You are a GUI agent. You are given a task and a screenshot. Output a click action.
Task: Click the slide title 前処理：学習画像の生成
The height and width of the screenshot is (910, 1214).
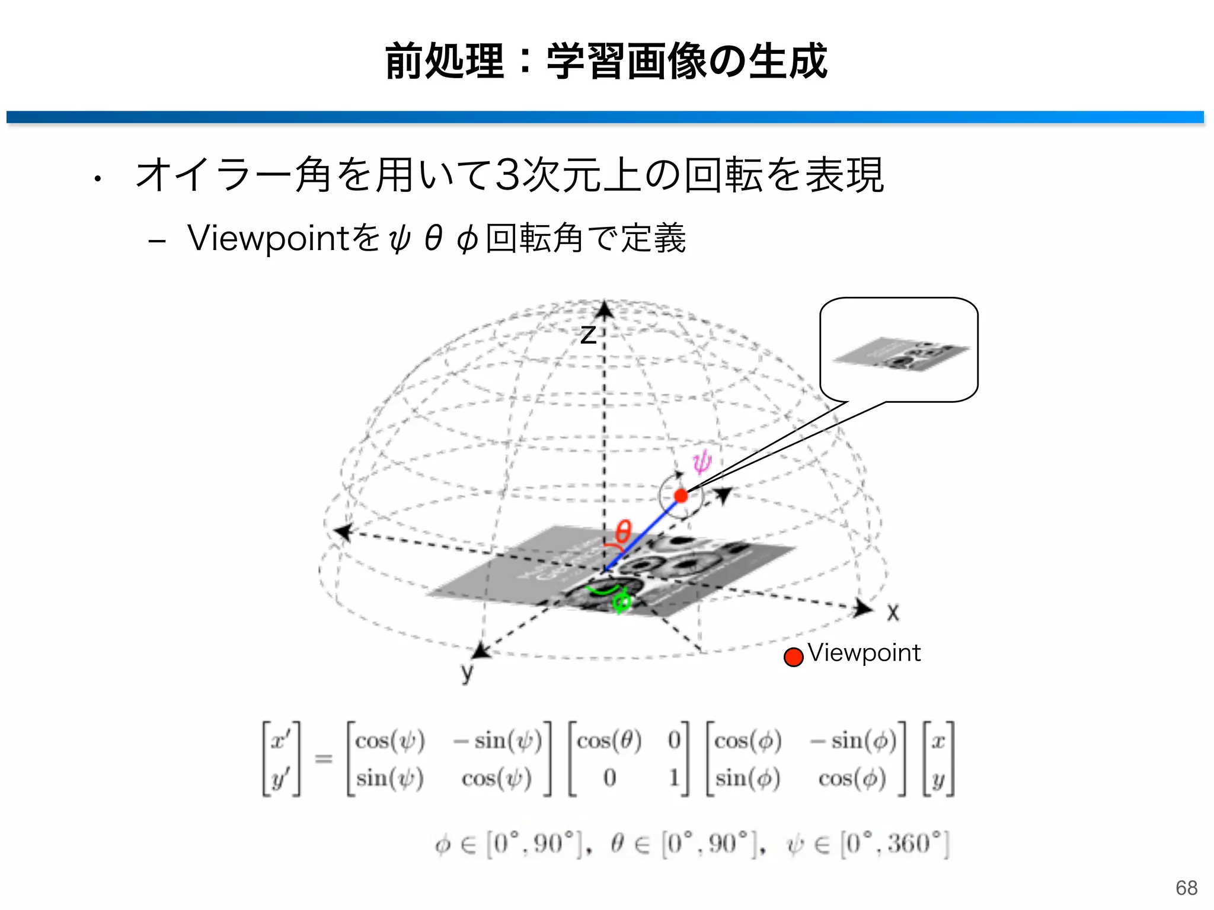tap(606, 61)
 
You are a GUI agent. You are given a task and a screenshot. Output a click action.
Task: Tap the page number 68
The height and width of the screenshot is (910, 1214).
tap(1186, 887)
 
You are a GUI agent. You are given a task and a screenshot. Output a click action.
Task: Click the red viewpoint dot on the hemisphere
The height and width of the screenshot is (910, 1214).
tap(681, 496)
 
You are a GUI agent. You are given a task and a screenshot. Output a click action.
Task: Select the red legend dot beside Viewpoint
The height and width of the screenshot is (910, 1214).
tap(793, 656)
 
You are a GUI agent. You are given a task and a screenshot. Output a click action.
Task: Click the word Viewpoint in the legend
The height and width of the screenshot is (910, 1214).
tap(864, 653)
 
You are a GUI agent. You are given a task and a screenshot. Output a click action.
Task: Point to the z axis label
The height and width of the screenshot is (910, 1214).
tap(587, 335)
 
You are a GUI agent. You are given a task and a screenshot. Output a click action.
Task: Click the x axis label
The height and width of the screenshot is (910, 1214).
tap(893, 613)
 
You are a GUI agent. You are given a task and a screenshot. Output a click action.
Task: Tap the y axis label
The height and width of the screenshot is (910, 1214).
tap(467, 672)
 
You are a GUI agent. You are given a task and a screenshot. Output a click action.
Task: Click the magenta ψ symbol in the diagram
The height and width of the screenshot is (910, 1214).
tap(702, 462)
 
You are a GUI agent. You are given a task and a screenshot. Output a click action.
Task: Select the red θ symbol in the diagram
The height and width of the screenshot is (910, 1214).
tap(623, 531)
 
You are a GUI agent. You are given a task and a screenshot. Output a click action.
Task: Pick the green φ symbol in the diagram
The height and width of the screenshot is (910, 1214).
tap(621, 603)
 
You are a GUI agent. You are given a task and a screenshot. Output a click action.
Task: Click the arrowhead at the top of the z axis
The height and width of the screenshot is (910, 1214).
tap(604, 309)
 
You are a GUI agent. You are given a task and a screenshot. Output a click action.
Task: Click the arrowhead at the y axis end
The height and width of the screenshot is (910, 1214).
tap(480, 651)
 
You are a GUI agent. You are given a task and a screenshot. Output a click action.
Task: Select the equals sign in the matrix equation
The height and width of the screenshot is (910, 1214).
tap(323, 758)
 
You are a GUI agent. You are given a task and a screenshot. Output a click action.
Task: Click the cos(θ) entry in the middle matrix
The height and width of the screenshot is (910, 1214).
tap(609, 741)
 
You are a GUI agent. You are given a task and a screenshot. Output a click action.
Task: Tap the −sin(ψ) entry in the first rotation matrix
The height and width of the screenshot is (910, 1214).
tap(497, 741)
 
